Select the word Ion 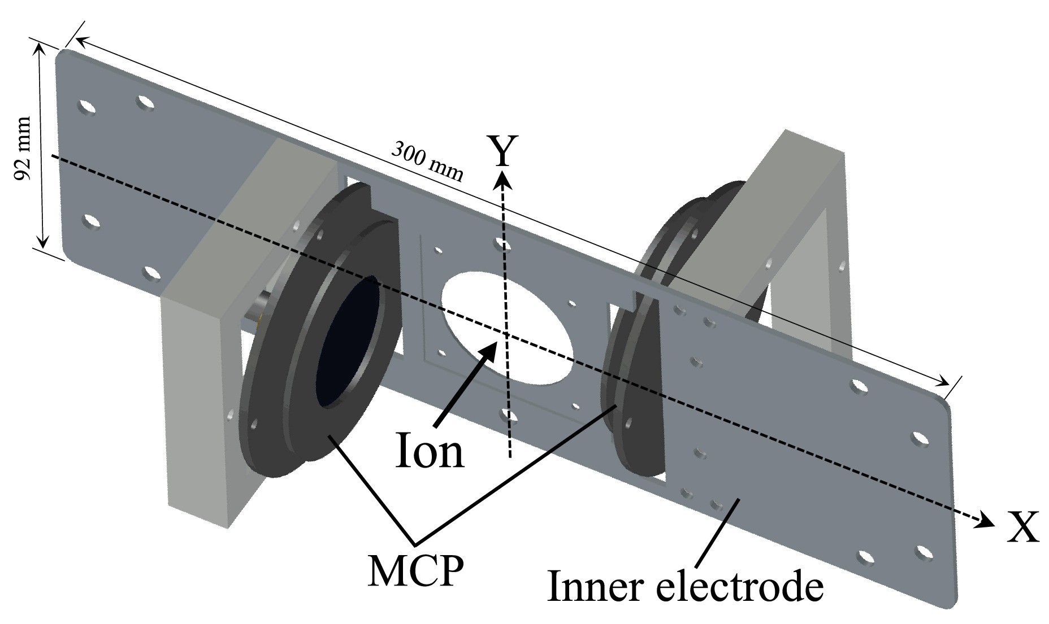430,450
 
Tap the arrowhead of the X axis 986,521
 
